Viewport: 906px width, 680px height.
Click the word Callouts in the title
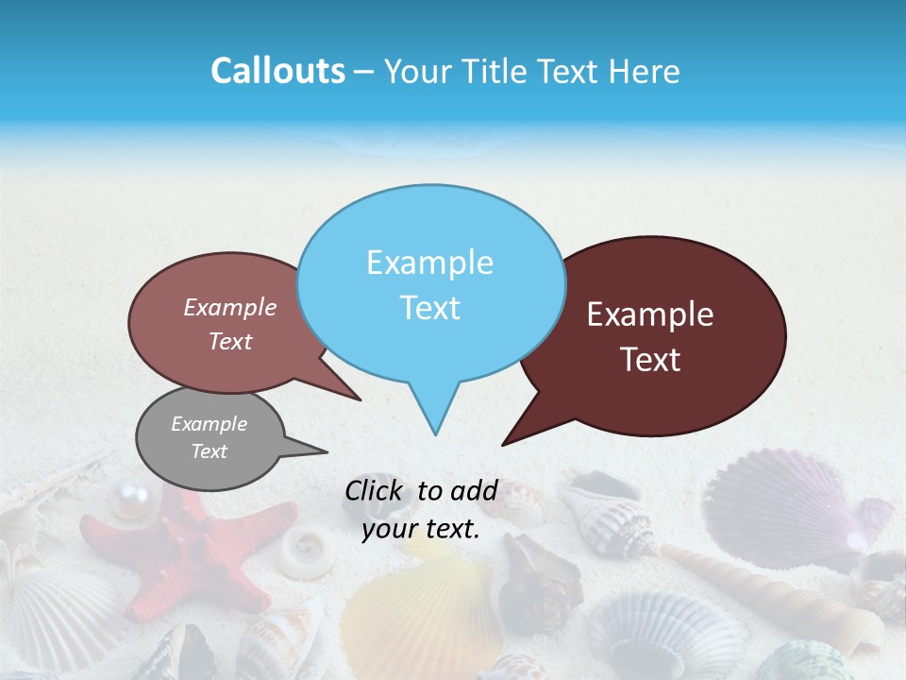277,71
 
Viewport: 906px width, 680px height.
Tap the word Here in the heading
643,71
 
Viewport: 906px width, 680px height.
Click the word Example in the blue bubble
429,263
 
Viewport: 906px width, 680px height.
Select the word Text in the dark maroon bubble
651,360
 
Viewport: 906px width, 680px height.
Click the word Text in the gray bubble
210,451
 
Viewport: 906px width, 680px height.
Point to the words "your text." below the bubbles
421,530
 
